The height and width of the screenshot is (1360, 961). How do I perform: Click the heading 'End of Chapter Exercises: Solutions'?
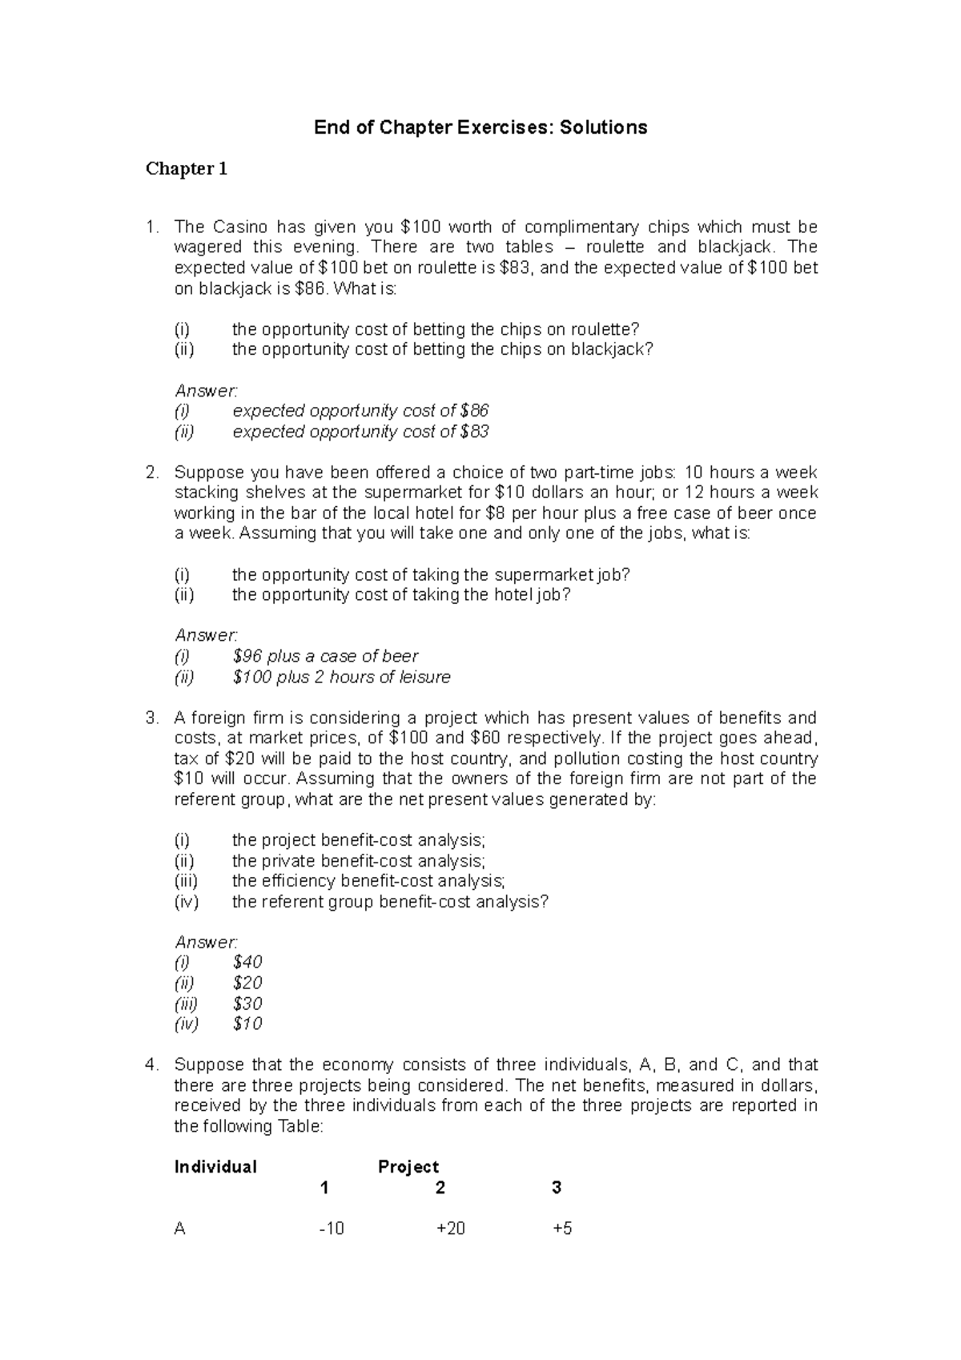click(480, 127)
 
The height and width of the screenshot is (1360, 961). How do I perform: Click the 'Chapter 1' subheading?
click(187, 169)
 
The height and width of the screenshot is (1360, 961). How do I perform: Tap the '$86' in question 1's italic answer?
click(475, 411)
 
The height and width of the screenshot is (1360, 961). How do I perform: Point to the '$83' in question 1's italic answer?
click(475, 432)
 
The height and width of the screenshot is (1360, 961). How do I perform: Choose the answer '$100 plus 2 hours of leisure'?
click(341, 677)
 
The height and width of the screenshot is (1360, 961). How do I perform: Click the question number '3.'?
click(152, 718)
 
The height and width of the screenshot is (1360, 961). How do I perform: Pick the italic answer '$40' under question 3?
click(247, 962)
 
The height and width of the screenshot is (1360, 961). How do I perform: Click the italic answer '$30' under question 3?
click(247, 1004)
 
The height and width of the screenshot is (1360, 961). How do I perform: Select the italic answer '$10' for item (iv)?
click(247, 1024)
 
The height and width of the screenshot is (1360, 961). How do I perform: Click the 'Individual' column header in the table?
click(215, 1167)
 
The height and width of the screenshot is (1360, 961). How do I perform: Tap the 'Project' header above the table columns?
click(408, 1167)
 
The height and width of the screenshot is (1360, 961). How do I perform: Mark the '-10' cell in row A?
click(332, 1229)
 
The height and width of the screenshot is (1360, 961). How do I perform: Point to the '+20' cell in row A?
click(450, 1229)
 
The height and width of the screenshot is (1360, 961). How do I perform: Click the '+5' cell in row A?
click(562, 1229)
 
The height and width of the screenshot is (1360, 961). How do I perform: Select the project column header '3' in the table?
click(557, 1188)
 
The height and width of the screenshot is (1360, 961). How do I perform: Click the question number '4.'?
click(152, 1065)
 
